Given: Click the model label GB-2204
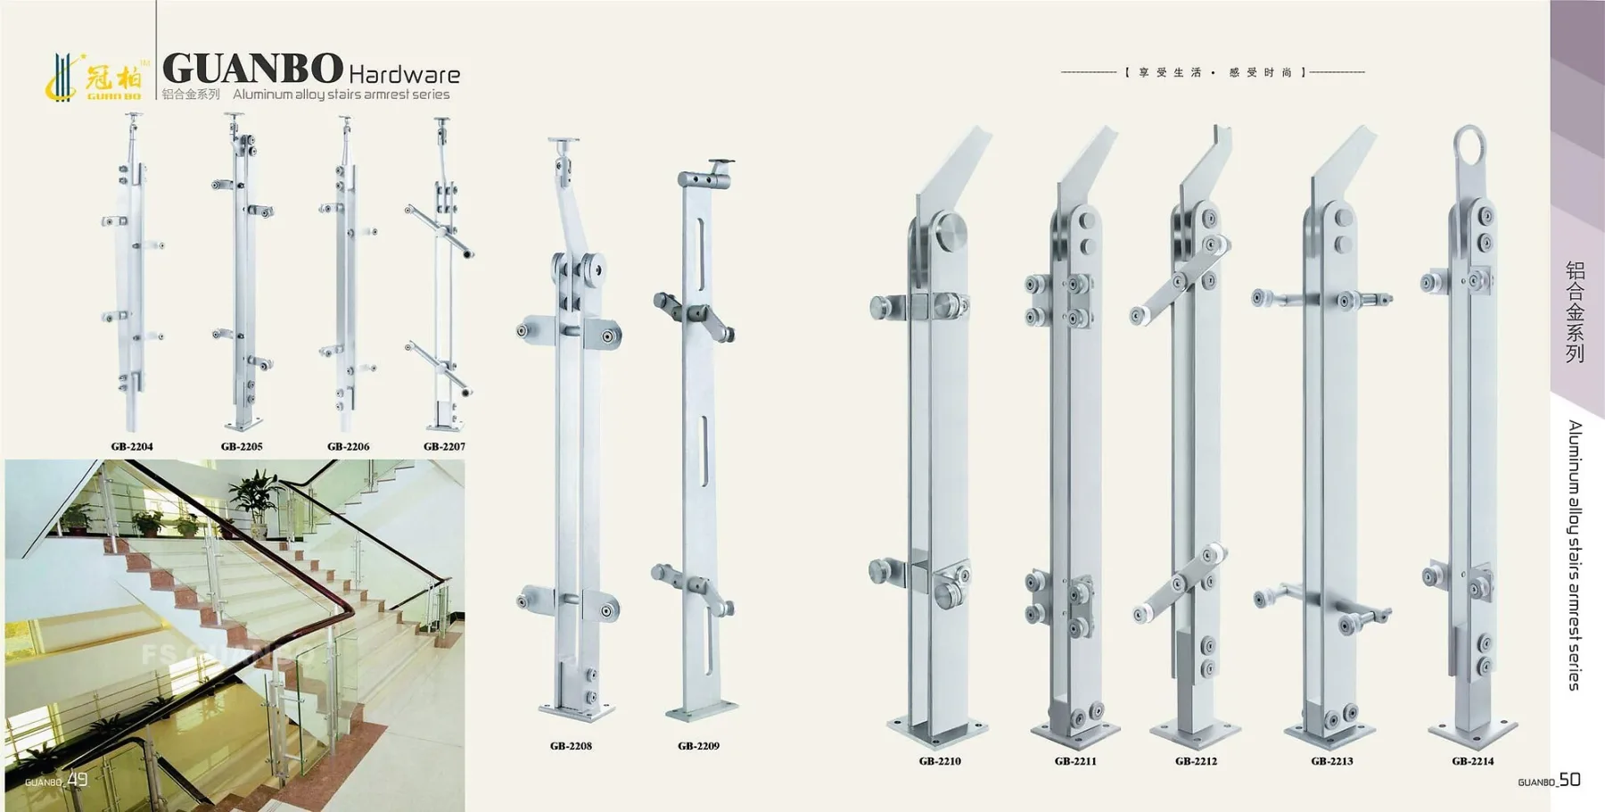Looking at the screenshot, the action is point(132,446).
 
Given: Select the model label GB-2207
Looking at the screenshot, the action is point(444,446).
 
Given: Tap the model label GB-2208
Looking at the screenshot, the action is point(571,746).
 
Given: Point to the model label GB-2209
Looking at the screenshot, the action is point(698,746).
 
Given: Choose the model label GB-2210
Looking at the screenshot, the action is point(940,761).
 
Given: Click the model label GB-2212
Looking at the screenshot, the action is point(1196,761).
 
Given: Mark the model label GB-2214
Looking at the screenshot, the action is point(1472,761).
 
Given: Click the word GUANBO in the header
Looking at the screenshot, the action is point(252,68).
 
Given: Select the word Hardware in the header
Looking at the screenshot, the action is point(405,74).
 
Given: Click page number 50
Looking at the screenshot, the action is point(1570,779).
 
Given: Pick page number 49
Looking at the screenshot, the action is point(78,779).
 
